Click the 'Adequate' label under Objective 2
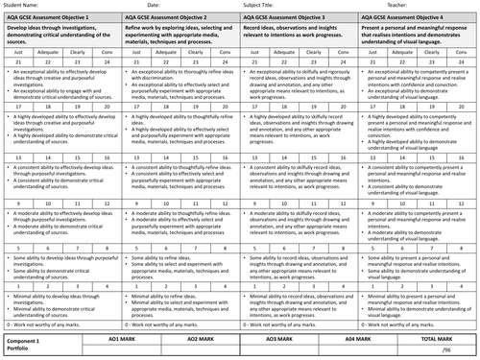[164, 50]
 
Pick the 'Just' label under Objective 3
[252, 50]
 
